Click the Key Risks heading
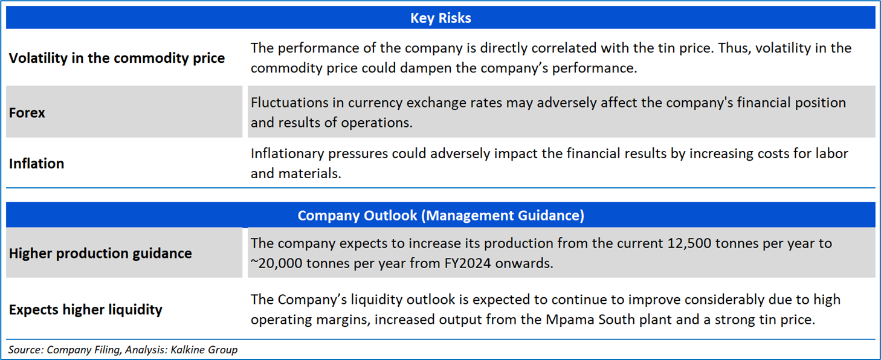[441, 18]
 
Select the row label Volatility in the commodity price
[117, 59]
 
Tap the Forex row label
[27, 113]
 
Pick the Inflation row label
[36, 164]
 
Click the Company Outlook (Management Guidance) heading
[441, 216]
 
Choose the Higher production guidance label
[100, 253]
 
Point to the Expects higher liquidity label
[85, 310]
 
